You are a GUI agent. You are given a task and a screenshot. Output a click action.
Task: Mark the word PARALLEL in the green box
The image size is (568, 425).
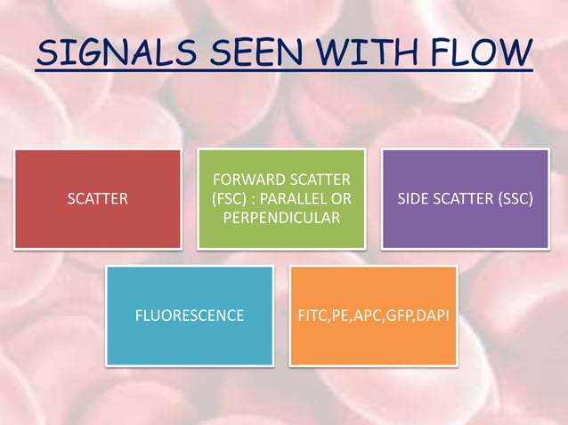pos(298,199)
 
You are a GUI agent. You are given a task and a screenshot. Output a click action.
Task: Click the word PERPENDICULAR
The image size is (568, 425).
pos(281,218)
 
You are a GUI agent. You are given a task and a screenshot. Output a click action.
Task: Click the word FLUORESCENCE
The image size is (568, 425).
pos(189,316)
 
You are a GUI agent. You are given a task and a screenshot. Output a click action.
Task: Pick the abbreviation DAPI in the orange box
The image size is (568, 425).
pos(431,316)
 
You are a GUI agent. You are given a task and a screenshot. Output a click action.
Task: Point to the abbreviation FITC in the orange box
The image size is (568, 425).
pos(312,316)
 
